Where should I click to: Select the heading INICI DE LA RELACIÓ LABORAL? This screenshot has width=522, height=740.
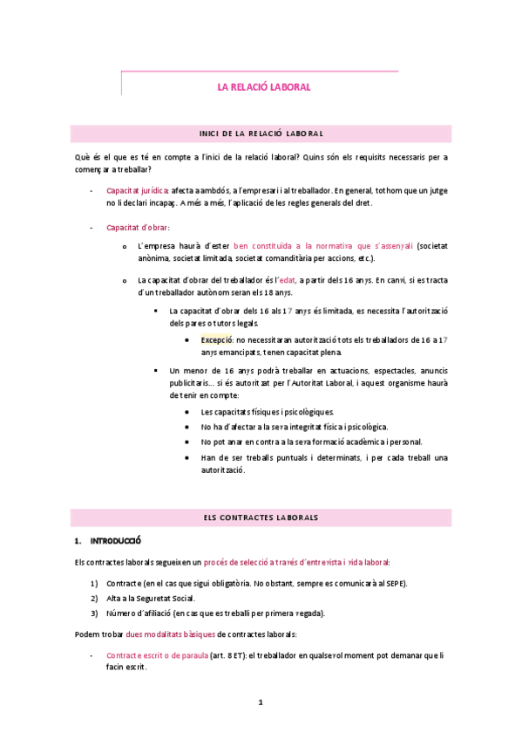pos(261,134)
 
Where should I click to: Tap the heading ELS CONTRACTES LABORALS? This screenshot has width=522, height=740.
pos(261,517)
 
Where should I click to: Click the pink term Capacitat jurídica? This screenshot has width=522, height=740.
pos(137,189)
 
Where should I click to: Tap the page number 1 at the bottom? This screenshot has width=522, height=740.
pos(261,701)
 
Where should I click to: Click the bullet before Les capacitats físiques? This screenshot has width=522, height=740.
pos(189,412)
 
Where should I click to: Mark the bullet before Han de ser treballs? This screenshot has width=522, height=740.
pos(189,457)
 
